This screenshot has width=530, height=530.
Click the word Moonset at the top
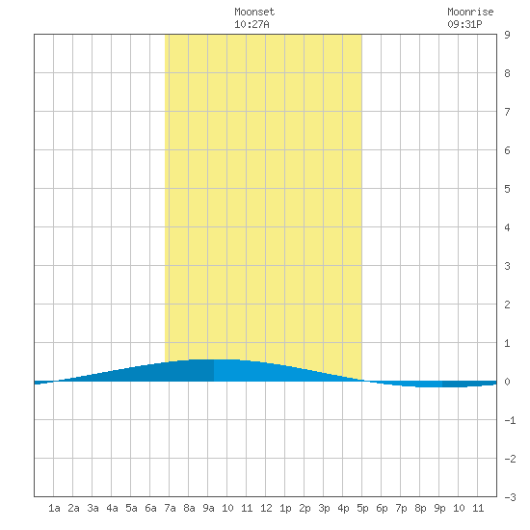point(254,12)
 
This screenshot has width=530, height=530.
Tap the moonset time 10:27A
point(252,24)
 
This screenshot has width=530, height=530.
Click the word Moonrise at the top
point(470,12)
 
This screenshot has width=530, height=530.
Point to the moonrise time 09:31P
point(464,24)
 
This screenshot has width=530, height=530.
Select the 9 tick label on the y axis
point(507,35)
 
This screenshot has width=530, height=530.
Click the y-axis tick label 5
point(507,189)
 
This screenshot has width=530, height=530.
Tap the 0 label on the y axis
point(507,382)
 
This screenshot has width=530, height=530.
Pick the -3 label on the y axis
point(510,497)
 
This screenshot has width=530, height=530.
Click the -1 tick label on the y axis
point(510,420)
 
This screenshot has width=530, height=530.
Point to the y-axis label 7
point(507,112)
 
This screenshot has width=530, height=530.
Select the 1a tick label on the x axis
point(54,508)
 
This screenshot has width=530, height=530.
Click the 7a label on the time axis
point(170,508)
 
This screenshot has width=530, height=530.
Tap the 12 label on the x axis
point(266,508)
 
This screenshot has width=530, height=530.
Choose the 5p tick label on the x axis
point(362,509)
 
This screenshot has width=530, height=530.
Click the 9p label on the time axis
point(439,509)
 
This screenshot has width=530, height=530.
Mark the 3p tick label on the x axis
point(324,509)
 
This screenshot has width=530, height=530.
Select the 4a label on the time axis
point(112,508)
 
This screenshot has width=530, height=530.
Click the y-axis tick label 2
point(507,305)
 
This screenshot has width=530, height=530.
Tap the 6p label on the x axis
point(382,509)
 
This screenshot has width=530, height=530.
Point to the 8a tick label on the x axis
point(189,508)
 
